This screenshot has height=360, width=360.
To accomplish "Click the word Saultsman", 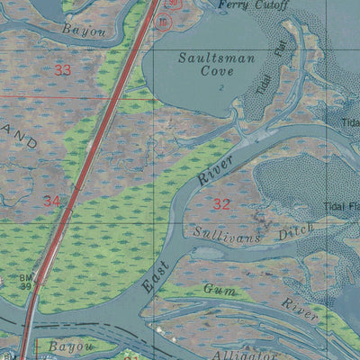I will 217,58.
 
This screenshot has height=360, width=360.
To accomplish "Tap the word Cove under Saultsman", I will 217,71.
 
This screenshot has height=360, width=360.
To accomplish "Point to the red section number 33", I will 62,69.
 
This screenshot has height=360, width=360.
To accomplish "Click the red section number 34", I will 51,201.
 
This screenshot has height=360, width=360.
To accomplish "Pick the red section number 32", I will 221,204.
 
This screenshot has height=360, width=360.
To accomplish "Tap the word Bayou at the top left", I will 84,31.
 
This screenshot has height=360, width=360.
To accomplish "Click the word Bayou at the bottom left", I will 69,345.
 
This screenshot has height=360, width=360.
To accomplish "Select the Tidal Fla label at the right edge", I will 341,206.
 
